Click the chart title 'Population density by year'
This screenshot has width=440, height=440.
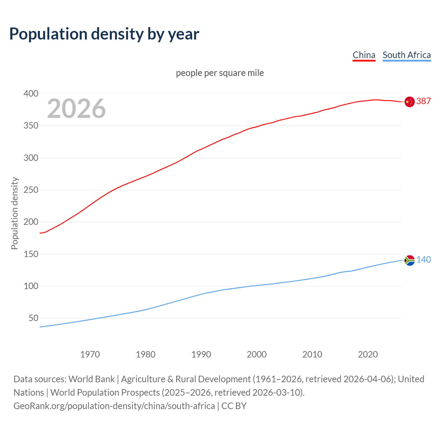coord(104,34)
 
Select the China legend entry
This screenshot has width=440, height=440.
coord(364,55)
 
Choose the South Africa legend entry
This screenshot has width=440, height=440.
coord(406,55)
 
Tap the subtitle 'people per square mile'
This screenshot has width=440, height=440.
coord(220,73)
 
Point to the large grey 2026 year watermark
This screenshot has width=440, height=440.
coord(76,109)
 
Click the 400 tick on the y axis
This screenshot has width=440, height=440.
coord(31,93)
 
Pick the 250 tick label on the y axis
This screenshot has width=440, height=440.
coord(31,190)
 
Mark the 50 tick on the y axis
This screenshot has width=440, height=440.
coord(33,318)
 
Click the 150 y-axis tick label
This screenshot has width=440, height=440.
coord(31,254)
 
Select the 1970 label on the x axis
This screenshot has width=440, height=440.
coord(90,354)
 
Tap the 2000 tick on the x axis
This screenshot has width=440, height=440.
coord(256,354)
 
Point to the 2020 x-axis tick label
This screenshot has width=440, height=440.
coord(368,354)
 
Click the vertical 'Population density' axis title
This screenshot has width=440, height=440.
coord(14,213)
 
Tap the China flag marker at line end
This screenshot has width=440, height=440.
coord(409,102)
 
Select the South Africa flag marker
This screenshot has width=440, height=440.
coord(409,261)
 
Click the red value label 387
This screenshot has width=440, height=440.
coord(423,101)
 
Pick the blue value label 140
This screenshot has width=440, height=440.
coord(423,260)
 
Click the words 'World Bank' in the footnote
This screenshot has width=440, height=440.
coord(91,379)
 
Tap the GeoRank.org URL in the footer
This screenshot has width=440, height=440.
coord(114,406)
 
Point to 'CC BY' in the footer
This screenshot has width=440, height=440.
coord(234,406)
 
